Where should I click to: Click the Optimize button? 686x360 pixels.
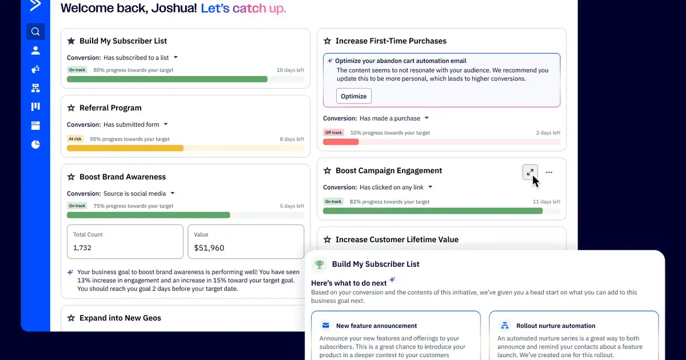(353, 96)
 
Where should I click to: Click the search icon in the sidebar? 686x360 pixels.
(35, 31)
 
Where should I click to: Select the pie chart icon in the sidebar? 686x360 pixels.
(35, 145)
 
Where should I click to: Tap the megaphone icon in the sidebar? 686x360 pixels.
(35, 69)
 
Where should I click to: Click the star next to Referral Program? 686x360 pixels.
(71, 108)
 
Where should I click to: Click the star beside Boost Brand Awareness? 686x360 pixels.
(71, 177)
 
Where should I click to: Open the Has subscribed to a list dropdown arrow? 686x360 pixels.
(176, 57)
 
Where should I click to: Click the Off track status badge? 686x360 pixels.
(333, 133)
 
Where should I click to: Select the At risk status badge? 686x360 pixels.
(75, 139)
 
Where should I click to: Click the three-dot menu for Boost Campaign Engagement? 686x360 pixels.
(549, 172)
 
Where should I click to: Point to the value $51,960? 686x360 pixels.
(209, 248)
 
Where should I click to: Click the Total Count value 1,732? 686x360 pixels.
(82, 248)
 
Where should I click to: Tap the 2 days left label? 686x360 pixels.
(548, 133)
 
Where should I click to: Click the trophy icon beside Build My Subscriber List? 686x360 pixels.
(320, 264)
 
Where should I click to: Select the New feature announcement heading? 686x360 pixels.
(376, 326)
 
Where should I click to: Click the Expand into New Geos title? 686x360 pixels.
(120, 318)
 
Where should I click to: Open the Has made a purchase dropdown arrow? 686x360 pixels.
(426, 118)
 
